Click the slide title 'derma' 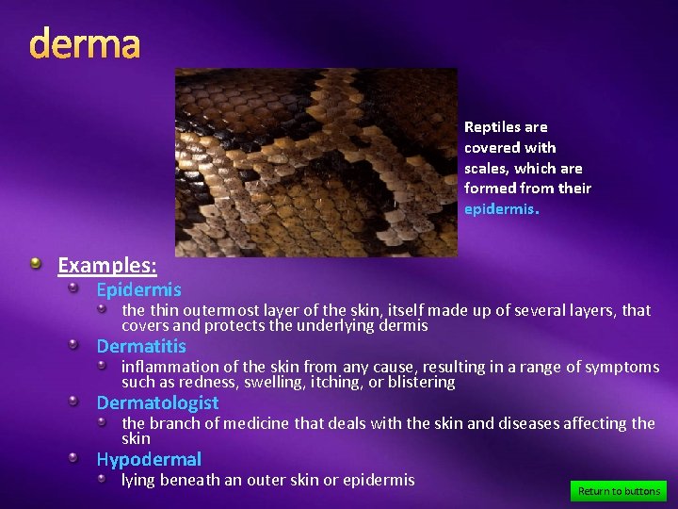(85, 44)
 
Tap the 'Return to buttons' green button (619, 491)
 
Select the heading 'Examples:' (107, 265)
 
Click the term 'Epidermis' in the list (138, 290)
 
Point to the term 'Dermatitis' (141, 347)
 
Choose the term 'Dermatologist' (157, 403)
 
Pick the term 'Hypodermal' (149, 460)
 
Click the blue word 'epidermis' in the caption (499, 209)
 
